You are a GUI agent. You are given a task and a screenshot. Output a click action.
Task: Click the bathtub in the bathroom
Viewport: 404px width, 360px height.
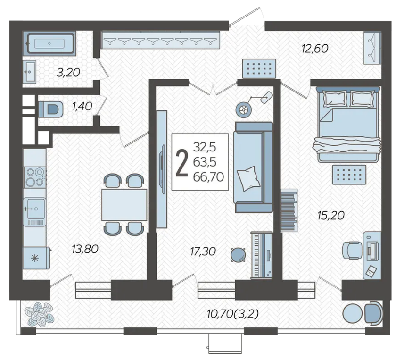tap(49, 43)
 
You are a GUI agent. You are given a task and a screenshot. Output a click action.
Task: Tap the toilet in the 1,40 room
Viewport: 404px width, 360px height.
tap(51, 109)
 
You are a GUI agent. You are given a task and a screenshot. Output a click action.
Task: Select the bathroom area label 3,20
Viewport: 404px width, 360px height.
tap(68, 73)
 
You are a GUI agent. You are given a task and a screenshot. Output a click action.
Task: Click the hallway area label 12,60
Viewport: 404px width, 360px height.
tap(315, 49)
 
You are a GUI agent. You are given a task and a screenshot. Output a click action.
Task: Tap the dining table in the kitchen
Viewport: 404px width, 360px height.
tap(124, 205)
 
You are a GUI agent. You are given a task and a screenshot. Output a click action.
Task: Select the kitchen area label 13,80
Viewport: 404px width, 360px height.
tap(85, 249)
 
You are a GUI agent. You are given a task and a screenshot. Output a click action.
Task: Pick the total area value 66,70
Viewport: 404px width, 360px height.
tap(208, 177)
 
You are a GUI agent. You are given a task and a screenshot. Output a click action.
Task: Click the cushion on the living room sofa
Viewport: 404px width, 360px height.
tap(248, 178)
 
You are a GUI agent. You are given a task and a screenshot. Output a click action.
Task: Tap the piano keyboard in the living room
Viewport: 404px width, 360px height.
tap(262, 255)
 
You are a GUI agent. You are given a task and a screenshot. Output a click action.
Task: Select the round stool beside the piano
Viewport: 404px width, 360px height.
tap(238, 255)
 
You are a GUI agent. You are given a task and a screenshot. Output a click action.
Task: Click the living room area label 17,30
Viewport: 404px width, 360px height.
tap(203, 251)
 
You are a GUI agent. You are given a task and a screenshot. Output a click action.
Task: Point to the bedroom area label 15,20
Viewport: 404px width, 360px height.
tap(331, 215)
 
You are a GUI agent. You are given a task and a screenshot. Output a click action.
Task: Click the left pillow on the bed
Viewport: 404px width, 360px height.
tap(335, 98)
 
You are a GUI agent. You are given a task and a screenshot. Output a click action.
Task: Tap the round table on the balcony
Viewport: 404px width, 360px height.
tap(352, 313)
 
